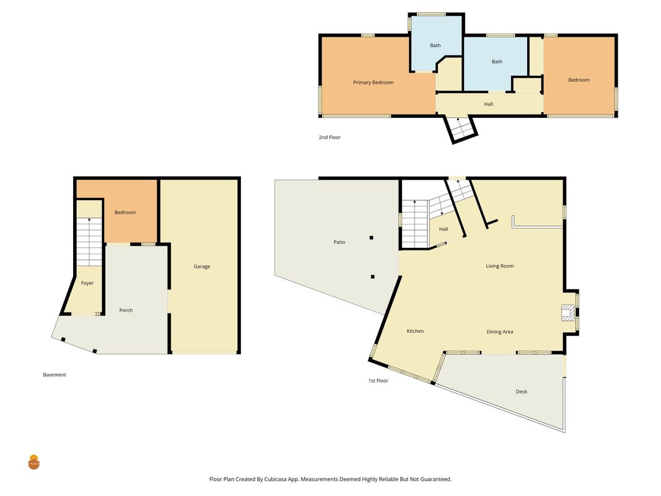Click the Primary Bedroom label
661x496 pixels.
tap(373, 82)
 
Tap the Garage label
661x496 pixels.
tap(202, 267)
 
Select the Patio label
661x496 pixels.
tap(339, 242)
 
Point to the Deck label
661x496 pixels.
tap(522, 391)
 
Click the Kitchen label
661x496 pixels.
tap(415, 331)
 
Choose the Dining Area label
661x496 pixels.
tap(500, 332)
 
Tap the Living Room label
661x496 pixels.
tap(500, 266)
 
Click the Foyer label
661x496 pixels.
tap(87, 283)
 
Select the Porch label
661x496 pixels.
tap(126, 310)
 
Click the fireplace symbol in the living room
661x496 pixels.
tap(567, 313)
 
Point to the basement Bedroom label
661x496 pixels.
tap(125, 212)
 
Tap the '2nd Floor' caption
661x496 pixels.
tap(330, 137)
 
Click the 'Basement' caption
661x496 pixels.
tap(55, 374)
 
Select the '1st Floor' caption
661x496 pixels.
tap(378, 381)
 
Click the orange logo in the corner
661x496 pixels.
tap(33, 463)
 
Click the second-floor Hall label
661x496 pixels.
tap(488, 104)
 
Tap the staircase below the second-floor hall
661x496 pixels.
tap(460, 128)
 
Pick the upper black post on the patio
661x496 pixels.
tap(372, 237)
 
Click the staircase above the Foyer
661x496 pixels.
tap(89, 242)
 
